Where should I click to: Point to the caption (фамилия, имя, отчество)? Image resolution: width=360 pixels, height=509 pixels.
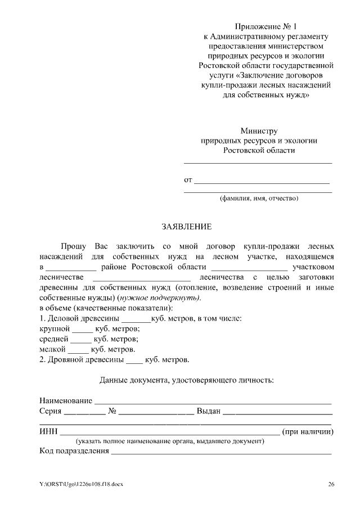tap(258, 199)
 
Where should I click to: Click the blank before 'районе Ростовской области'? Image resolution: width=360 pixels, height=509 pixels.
tap(70, 267)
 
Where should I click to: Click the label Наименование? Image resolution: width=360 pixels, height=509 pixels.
tap(65, 400)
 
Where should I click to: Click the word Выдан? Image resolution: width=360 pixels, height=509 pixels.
tap(208, 411)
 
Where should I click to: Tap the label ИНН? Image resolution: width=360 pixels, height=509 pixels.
tap(48, 432)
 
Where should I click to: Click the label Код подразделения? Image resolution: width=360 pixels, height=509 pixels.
tap(74, 451)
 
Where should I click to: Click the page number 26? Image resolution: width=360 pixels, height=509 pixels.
tap(331, 484)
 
